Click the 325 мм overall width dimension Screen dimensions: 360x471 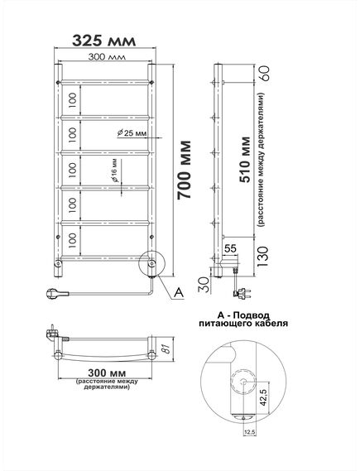(104, 41)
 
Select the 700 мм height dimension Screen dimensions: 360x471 (184, 170)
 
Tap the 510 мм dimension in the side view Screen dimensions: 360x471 (245, 160)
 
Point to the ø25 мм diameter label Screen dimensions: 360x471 (132, 133)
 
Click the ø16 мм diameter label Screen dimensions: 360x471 (115, 171)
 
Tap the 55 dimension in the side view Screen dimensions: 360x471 (231, 248)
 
